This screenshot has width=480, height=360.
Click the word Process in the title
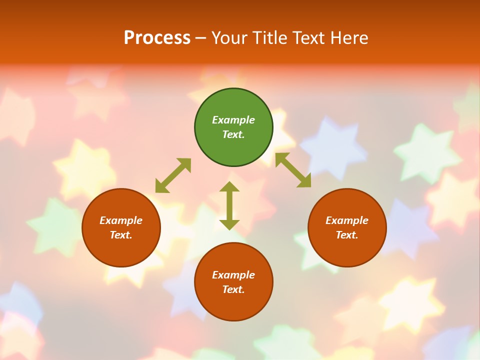point(157,38)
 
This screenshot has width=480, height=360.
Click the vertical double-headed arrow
point(229,205)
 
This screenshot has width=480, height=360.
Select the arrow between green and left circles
point(173,175)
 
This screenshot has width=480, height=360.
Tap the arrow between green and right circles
point(293,170)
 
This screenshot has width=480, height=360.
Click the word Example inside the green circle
point(233,120)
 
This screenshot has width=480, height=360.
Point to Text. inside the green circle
point(233,134)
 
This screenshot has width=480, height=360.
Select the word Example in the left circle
point(121,220)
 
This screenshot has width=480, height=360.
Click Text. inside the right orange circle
point(347,235)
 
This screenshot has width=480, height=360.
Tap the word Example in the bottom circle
point(233,275)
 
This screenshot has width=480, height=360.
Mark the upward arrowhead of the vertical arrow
point(229,186)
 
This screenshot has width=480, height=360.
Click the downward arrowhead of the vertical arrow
point(229,224)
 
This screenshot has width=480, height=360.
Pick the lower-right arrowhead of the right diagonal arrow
point(305,181)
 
